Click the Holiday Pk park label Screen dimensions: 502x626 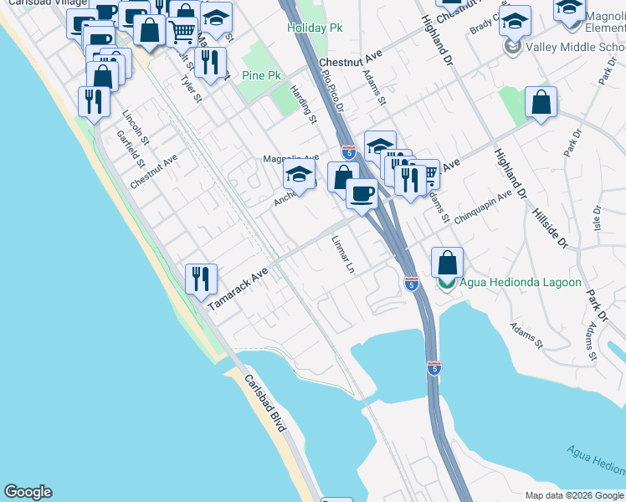click(x=315, y=28)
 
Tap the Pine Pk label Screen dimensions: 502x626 click(x=261, y=76)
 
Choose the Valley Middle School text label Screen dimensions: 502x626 click(x=575, y=47)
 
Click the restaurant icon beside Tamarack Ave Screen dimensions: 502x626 click(x=201, y=278)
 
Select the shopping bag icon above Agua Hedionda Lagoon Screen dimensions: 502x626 click(x=448, y=262)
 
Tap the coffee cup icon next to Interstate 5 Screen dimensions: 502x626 click(x=362, y=193)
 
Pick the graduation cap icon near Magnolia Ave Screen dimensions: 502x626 click(x=298, y=175)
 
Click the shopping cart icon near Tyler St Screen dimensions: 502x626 click(x=182, y=32)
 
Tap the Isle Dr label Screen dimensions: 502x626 click(x=598, y=220)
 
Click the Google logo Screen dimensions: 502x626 click(x=28, y=492)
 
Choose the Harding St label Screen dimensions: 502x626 click(x=304, y=105)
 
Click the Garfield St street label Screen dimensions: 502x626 click(x=132, y=148)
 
